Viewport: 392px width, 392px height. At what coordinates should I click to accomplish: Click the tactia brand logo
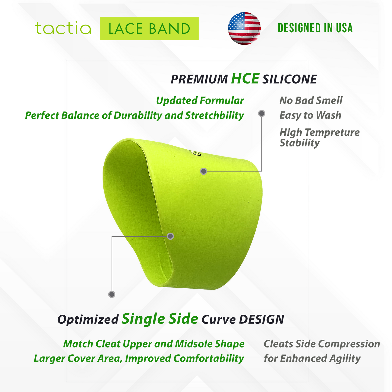pyautogui.click(x=63, y=28)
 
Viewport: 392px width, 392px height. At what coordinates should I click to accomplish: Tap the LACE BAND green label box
pyautogui.click(x=149, y=28)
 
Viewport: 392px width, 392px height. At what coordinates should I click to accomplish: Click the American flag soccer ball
pyautogui.click(x=244, y=28)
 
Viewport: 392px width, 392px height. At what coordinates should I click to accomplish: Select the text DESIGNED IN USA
pyautogui.click(x=315, y=28)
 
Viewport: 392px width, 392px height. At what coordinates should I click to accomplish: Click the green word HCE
pyautogui.click(x=245, y=78)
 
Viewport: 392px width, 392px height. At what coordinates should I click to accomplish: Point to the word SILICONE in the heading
pyautogui.click(x=290, y=79)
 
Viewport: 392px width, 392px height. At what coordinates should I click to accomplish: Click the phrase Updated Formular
pyautogui.click(x=200, y=100)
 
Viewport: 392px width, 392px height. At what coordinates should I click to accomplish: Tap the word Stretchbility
pyautogui.click(x=215, y=115)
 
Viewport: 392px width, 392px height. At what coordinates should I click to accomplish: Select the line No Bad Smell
pyautogui.click(x=311, y=100)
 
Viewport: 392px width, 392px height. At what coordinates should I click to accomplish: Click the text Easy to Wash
pyautogui.click(x=310, y=115)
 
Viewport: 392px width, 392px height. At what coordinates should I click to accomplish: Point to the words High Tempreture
pyautogui.click(x=320, y=132)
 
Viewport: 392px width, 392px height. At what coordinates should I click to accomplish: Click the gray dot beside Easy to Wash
pyautogui.click(x=262, y=113)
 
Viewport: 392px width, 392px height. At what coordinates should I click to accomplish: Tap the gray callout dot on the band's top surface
pyautogui.click(x=204, y=171)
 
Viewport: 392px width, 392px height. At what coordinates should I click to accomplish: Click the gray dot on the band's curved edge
pyautogui.click(x=170, y=236)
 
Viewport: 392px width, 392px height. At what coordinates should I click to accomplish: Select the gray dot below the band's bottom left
pyautogui.click(x=112, y=294)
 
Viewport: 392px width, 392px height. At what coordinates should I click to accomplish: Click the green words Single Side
pyautogui.click(x=160, y=318)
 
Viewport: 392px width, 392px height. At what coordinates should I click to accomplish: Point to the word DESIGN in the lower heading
pyautogui.click(x=262, y=319)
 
